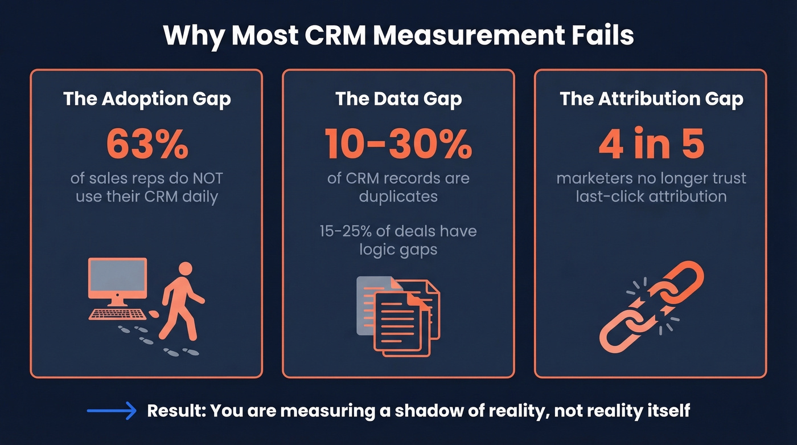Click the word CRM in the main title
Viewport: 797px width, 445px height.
[x=335, y=35]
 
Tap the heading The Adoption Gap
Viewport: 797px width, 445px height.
[x=147, y=99]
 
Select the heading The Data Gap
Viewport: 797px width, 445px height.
[x=398, y=99]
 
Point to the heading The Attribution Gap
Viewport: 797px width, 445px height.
[x=651, y=99]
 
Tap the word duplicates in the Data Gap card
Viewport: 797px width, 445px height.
[x=398, y=197]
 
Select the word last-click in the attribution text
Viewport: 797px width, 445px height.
[x=605, y=197]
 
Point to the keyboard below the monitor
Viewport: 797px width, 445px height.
[x=118, y=314]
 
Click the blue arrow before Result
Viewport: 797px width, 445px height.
[x=112, y=411]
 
